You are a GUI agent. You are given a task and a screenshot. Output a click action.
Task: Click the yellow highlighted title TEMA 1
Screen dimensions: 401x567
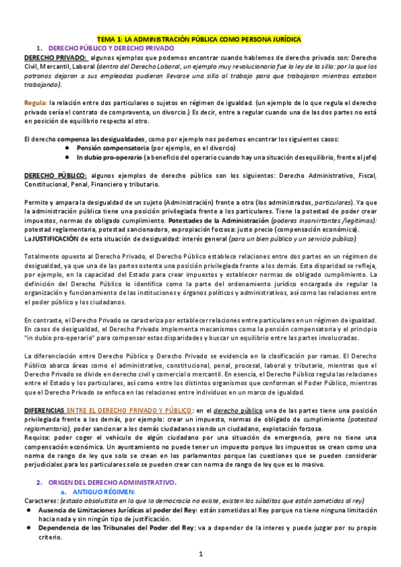[x=200, y=39]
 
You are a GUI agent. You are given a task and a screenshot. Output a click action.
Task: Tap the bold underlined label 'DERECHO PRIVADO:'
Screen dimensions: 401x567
[x=50, y=58]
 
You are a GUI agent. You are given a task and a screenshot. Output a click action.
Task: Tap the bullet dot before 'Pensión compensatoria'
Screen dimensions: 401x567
[x=68, y=147]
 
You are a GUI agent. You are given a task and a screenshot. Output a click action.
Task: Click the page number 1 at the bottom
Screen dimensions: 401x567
[x=200, y=554]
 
